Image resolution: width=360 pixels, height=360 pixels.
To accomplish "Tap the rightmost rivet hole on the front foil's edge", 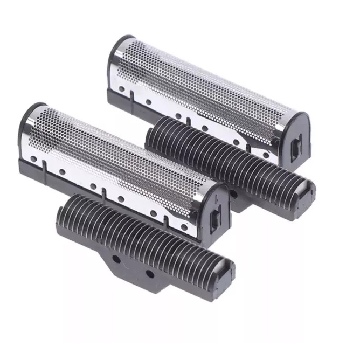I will [185, 226].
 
